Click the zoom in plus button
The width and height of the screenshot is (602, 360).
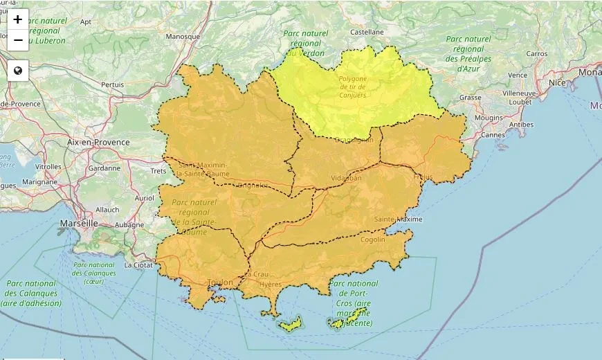(x=18, y=19)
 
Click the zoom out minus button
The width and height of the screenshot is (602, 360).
(x=18, y=40)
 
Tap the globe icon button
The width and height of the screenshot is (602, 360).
(x=18, y=70)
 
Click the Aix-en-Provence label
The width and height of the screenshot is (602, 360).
(x=98, y=142)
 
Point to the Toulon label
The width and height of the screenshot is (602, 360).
(x=221, y=282)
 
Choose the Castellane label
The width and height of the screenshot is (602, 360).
(x=367, y=32)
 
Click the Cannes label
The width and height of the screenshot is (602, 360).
(x=493, y=135)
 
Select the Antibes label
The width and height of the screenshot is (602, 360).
(x=521, y=125)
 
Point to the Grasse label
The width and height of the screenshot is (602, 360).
(x=470, y=98)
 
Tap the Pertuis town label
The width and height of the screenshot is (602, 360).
(x=112, y=84)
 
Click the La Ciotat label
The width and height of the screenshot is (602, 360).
(x=138, y=265)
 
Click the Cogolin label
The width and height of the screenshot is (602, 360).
(x=373, y=240)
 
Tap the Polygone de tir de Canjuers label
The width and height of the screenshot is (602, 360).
(x=352, y=87)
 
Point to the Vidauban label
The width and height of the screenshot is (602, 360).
(x=346, y=178)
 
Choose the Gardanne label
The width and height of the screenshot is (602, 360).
(x=104, y=168)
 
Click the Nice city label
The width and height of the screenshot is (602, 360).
(x=557, y=82)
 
